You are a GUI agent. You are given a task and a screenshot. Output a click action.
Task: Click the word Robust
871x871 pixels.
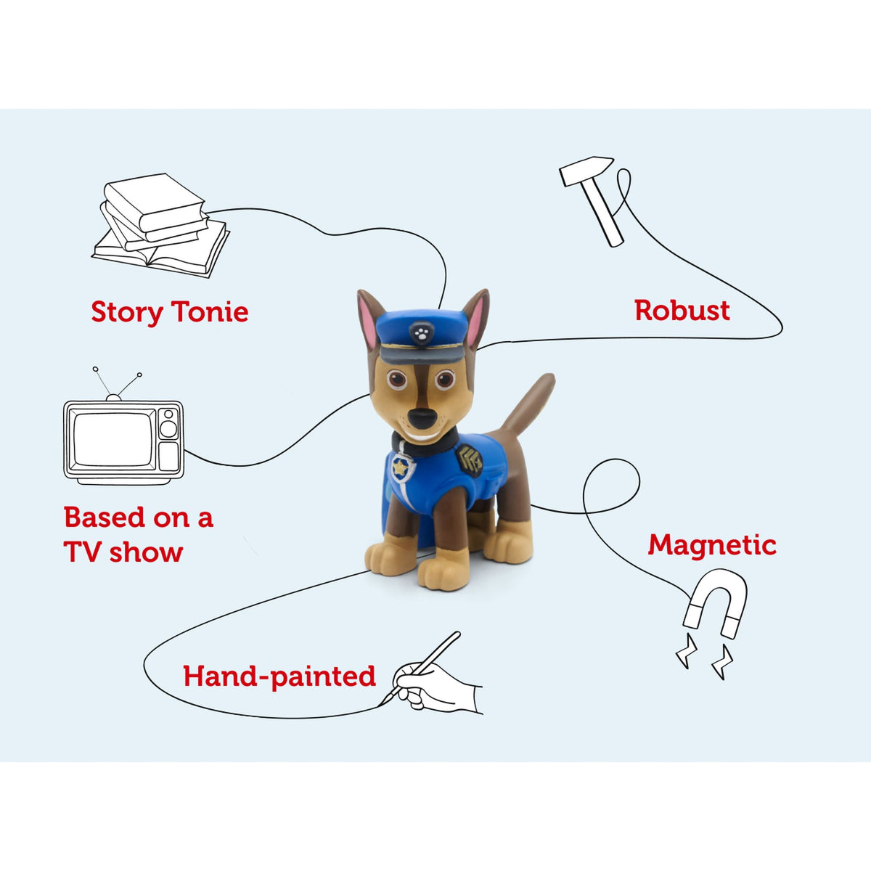[x=682, y=311]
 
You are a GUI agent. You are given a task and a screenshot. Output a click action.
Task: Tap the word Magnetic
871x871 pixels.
[x=711, y=544]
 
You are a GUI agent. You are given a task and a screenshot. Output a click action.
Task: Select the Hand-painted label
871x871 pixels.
[x=279, y=676]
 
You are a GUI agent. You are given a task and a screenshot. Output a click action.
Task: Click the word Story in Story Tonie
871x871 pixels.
[x=126, y=312]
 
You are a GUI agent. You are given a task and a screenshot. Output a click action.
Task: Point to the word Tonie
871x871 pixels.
[x=210, y=312]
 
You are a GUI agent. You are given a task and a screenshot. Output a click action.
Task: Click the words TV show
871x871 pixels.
[x=123, y=552]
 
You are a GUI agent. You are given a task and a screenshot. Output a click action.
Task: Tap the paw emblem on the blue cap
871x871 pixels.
[x=420, y=333]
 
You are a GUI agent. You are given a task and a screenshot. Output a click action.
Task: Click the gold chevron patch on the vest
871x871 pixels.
[x=470, y=459]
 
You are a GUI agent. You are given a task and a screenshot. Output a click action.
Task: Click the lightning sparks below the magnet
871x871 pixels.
[x=704, y=656]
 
